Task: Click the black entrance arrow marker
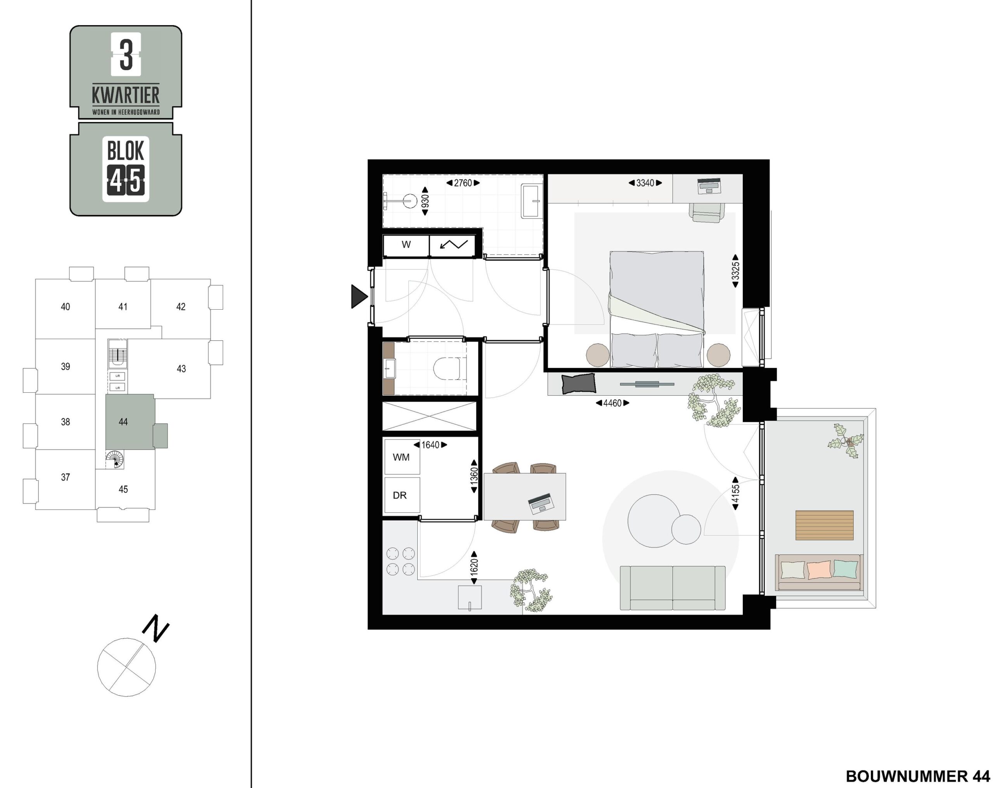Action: [x=359, y=297]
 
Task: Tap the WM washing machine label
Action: [x=401, y=457]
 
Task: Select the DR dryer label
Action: [x=400, y=495]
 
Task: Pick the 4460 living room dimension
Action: [x=612, y=403]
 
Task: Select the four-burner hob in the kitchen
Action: [x=400, y=561]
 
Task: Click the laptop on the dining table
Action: [x=541, y=503]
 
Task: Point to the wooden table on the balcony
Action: [x=824, y=525]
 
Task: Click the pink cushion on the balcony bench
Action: [x=819, y=569]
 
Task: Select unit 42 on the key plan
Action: [x=180, y=307]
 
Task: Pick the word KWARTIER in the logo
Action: [x=126, y=95]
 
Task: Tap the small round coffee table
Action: [x=686, y=529]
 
